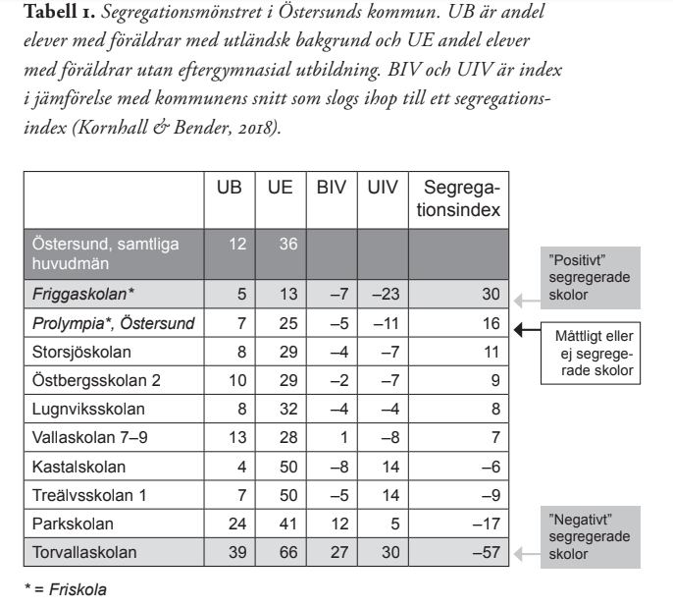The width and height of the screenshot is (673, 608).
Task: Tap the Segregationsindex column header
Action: point(460,197)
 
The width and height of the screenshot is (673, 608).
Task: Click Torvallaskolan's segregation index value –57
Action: point(489,553)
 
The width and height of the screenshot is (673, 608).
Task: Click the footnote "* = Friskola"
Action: point(68,590)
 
